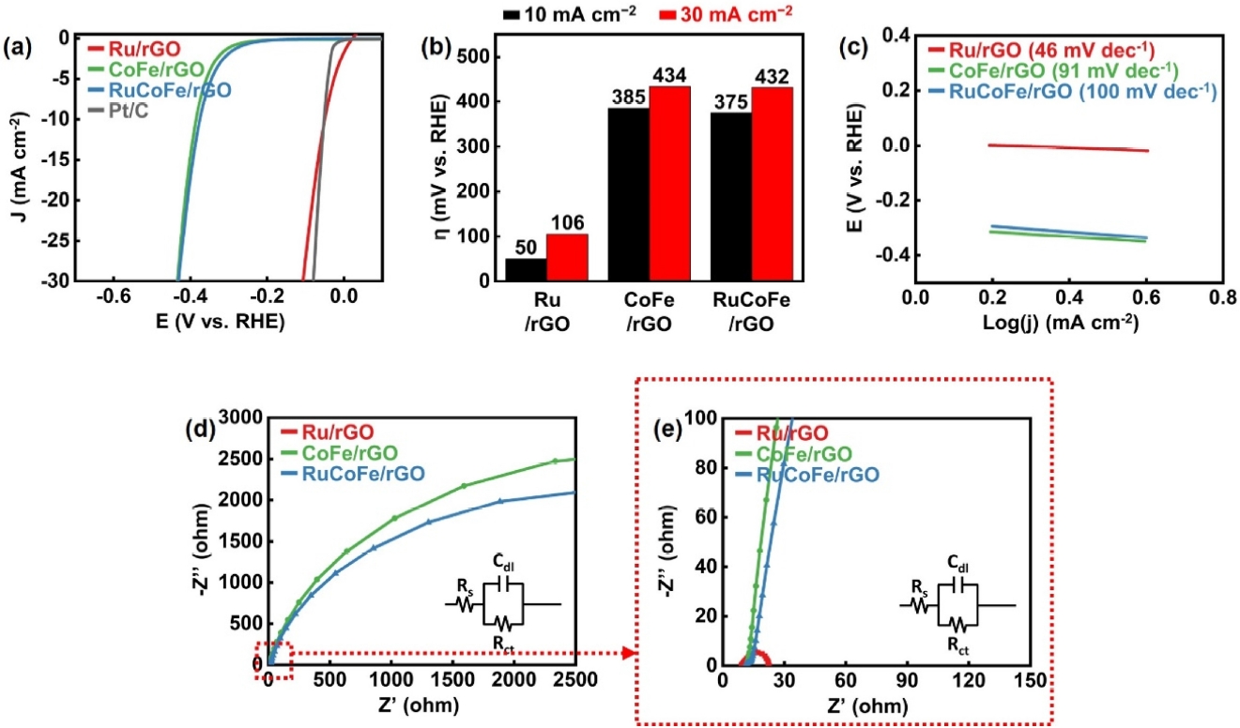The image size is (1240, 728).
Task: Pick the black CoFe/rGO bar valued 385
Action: pos(629,194)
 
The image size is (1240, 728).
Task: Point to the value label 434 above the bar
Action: pos(672,77)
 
